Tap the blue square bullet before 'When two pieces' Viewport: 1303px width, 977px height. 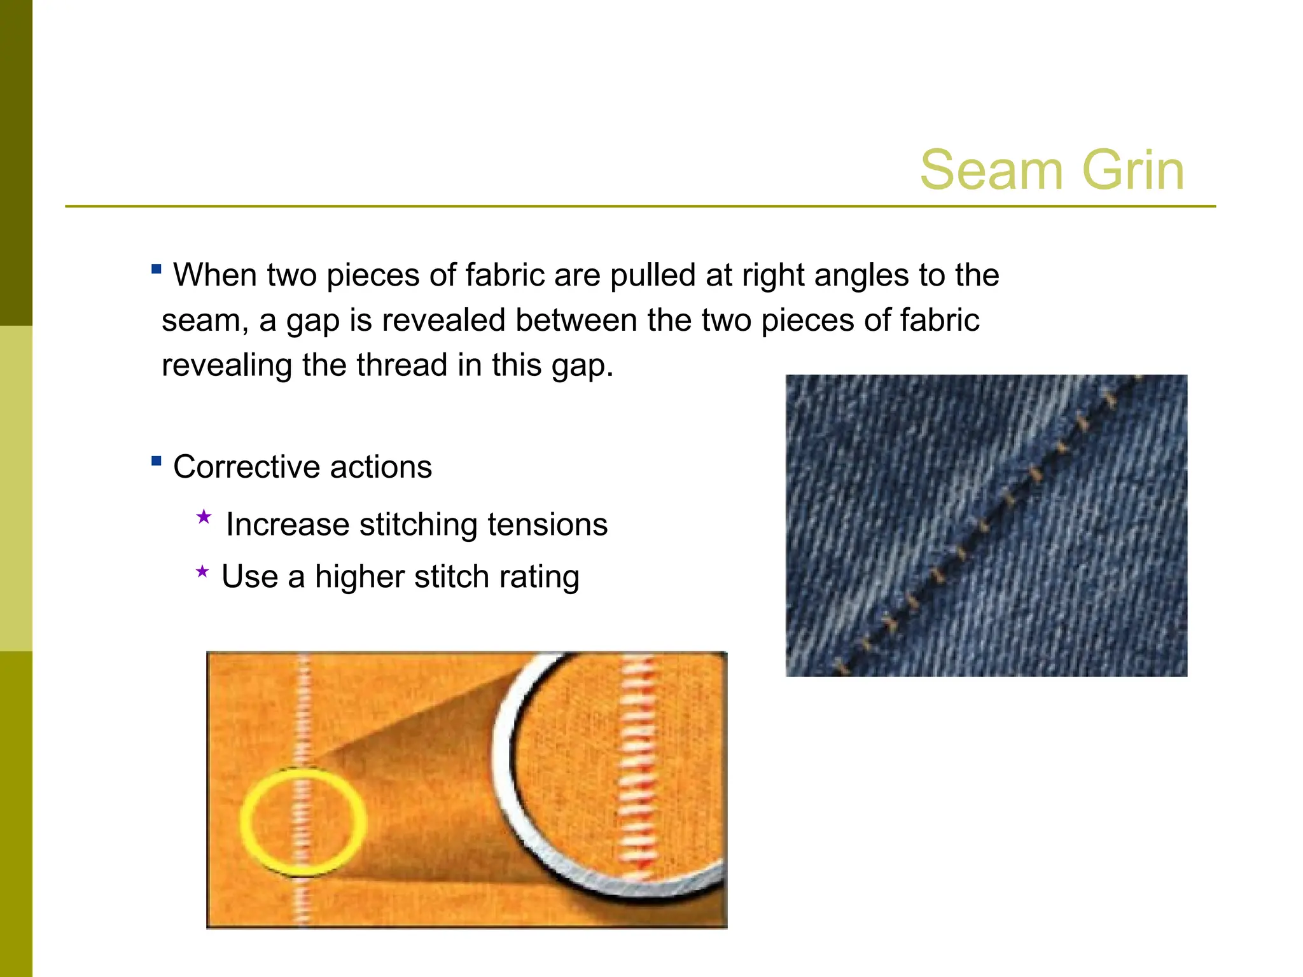pyautogui.click(x=157, y=269)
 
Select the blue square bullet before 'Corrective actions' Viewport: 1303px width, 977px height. pyautogui.click(x=157, y=461)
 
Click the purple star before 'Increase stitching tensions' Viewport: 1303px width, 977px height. pyautogui.click(x=204, y=516)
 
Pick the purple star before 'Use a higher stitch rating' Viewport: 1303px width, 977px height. pyautogui.click(x=202, y=571)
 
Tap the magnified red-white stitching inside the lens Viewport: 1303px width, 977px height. pyautogui.click(x=636, y=763)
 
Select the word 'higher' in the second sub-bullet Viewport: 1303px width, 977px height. pyautogui.click(x=359, y=577)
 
